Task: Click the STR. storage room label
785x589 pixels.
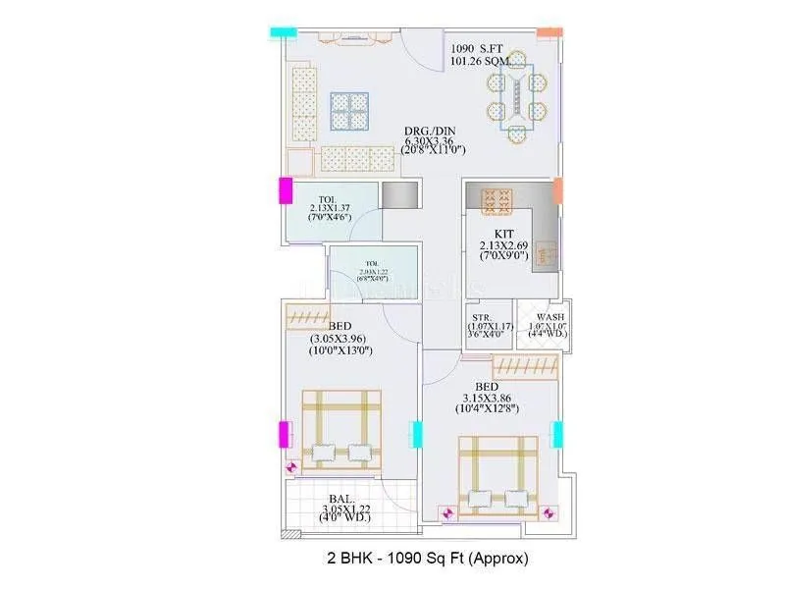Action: point(481,317)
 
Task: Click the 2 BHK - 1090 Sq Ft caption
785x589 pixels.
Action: point(428,559)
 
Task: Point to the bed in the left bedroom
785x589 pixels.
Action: point(340,428)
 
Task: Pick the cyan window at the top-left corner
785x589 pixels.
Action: point(284,32)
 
